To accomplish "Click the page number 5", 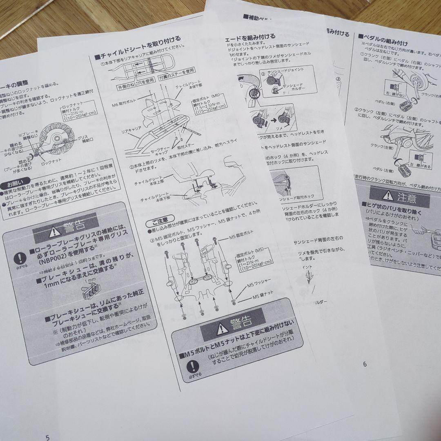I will coord(47,437).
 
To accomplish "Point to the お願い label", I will coord(16,183).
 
